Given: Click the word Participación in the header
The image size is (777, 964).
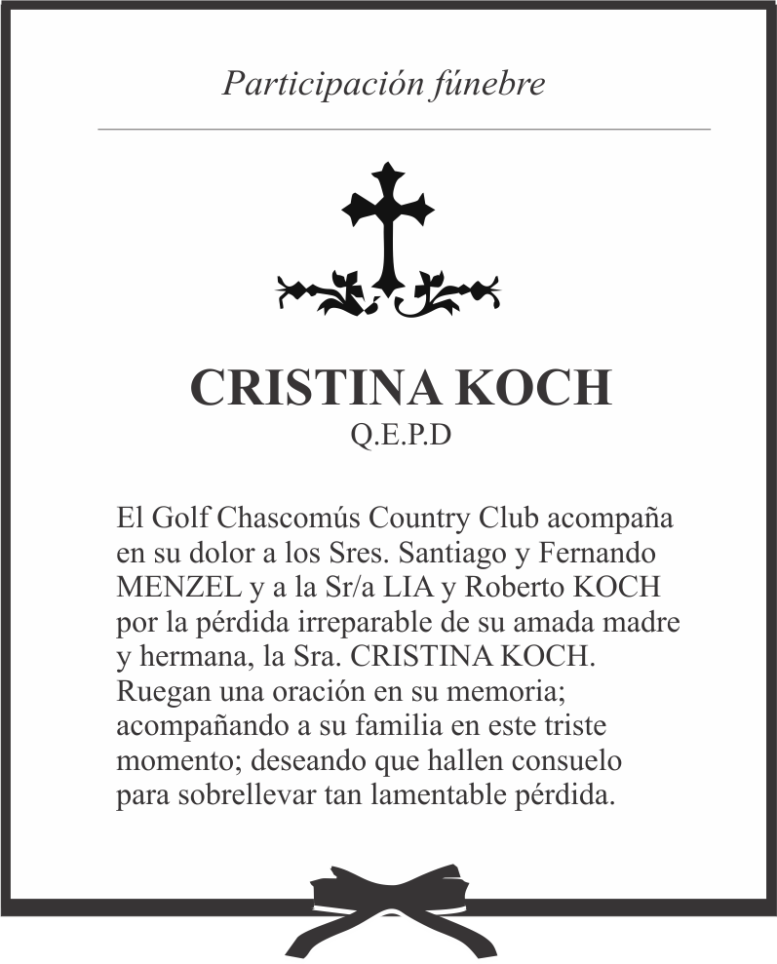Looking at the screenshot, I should click(321, 84).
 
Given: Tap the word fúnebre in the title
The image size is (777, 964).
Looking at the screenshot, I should click(486, 84).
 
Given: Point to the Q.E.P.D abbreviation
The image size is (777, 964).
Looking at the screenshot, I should click(401, 436).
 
